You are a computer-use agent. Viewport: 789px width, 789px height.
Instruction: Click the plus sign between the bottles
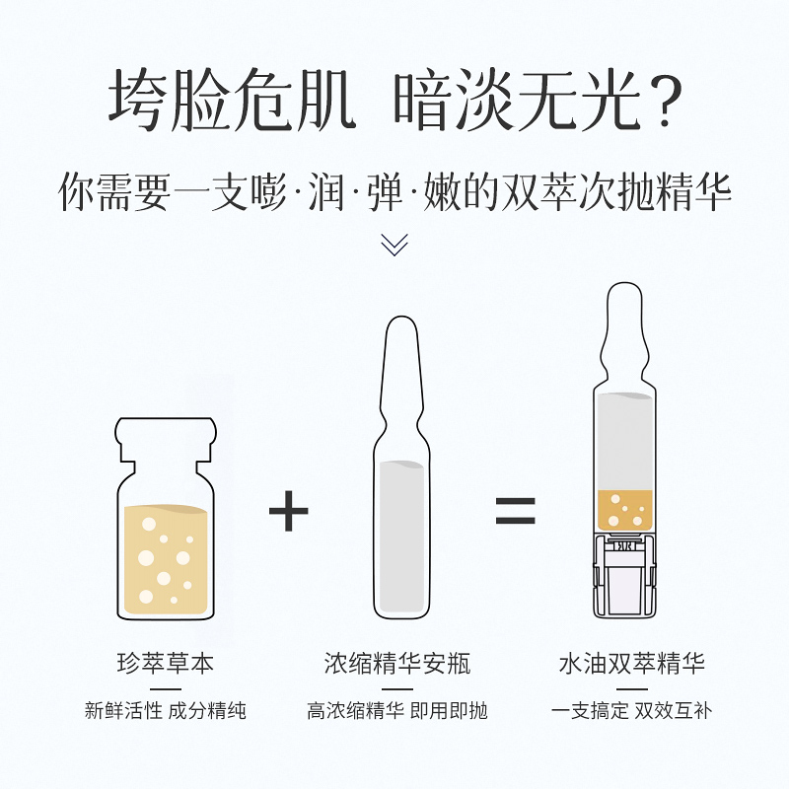click(288, 511)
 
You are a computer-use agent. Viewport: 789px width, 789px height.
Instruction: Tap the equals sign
click(515, 510)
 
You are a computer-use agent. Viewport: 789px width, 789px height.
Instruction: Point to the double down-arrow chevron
click(394, 245)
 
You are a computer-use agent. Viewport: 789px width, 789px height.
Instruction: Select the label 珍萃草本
click(166, 663)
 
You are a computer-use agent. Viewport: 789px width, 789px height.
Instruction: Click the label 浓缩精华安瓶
click(397, 663)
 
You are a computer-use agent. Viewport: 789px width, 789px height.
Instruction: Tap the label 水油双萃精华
click(632, 663)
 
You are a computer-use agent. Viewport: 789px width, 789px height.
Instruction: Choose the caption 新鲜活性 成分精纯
click(166, 711)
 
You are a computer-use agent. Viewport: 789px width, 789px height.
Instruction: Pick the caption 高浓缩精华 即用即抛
click(397, 711)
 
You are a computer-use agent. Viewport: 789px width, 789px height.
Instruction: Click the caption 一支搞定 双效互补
click(632, 711)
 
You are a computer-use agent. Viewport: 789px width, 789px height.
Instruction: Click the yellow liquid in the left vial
click(166, 559)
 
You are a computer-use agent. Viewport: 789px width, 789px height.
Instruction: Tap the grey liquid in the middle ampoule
click(401, 537)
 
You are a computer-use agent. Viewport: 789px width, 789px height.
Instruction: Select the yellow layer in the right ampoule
click(625, 510)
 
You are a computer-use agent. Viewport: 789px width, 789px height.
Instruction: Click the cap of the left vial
click(166, 439)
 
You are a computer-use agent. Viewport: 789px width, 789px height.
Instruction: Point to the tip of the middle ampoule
click(401, 318)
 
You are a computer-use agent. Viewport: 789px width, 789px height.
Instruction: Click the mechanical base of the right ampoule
click(625, 575)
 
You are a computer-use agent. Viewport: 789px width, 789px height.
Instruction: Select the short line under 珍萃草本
click(166, 688)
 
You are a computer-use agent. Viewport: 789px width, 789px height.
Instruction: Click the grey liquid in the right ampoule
click(625, 442)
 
